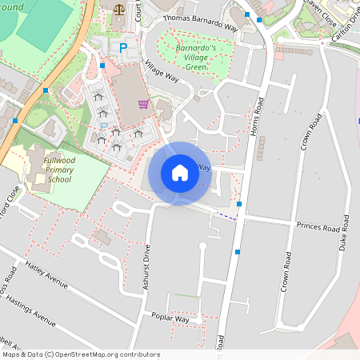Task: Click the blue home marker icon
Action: coord(180,173)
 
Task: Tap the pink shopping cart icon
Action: coord(144,103)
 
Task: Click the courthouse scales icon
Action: coord(119,10)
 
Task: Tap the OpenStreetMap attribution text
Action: coord(80,354)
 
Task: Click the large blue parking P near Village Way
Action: coord(123,48)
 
